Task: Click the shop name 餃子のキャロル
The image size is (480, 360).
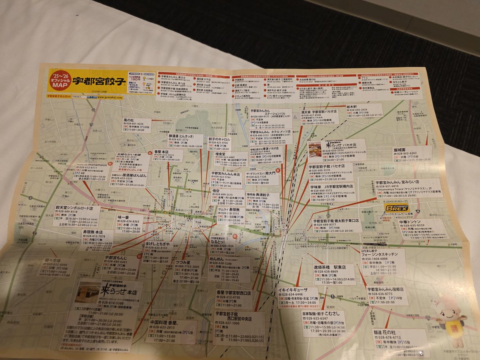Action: [x=220, y=139]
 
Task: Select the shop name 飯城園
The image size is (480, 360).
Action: [x=400, y=149]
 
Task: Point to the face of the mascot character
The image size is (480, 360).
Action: [x=451, y=308]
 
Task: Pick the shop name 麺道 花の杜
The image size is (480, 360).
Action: [x=387, y=332]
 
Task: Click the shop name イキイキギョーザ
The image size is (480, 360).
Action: [x=293, y=290]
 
